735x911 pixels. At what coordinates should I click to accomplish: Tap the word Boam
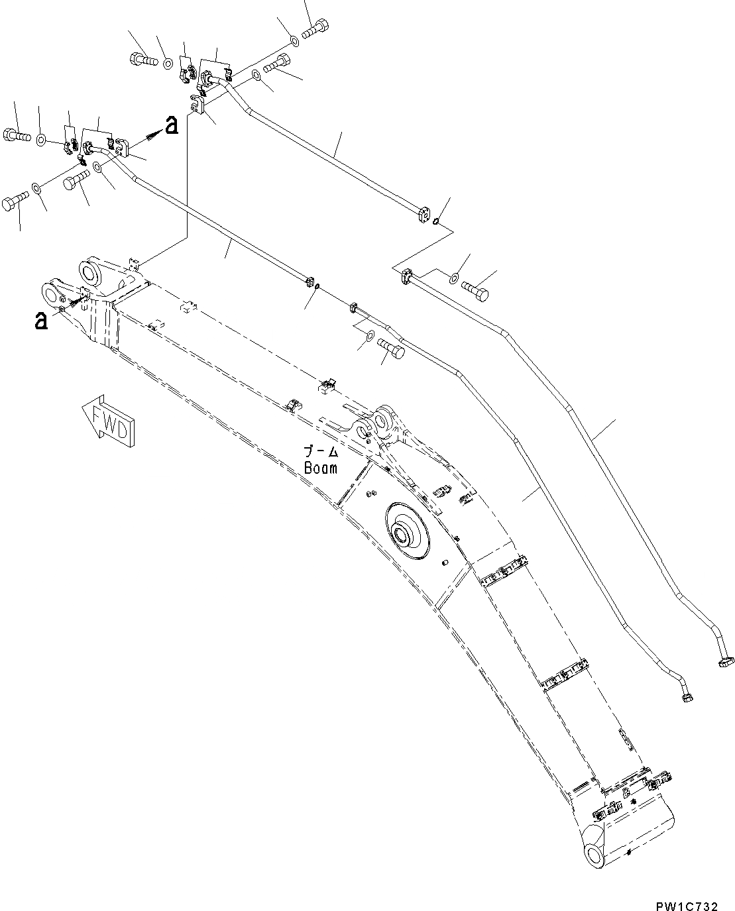pos(321,468)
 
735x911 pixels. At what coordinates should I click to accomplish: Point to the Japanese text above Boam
pos(321,452)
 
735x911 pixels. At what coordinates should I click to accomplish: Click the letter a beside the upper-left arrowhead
pos(172,125)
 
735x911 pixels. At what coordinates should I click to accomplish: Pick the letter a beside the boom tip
pos(41,322)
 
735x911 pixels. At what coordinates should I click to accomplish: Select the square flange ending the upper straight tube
pos(423,214)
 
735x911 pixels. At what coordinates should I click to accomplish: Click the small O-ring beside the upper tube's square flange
pos(434,223)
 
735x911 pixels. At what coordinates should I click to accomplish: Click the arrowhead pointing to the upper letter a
pos(154,134)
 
